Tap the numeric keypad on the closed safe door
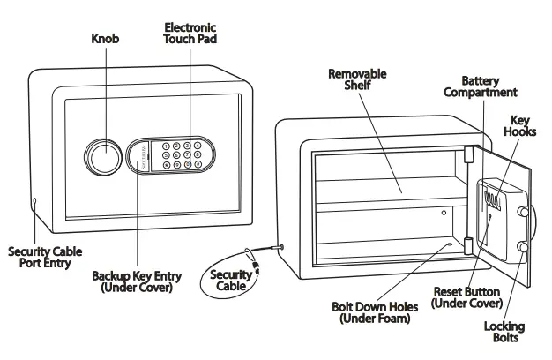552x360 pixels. (x=184, y=153)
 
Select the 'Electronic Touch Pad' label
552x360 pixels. (x=190, y=34)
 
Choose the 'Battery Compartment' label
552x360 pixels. (x=481, y=86)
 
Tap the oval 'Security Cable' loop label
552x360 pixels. (x=231, y=281)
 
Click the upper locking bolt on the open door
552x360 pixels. (x=526, y=213)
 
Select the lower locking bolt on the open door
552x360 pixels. (x=526, y=250)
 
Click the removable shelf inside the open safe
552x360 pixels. (x=388, y=195)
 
